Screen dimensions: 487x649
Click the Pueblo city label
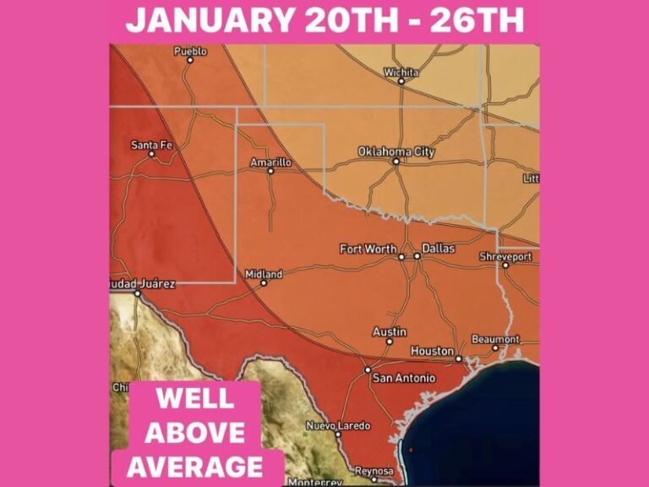tap(190, 52)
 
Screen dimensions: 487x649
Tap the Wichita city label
tap(401, 72)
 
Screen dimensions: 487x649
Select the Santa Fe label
tap(152, 145)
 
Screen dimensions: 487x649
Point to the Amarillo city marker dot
tap(270, 171)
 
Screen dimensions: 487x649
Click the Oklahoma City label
tap(396, 151)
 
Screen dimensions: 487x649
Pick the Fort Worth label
tap(367, 249)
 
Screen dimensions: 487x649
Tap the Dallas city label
tap(439, 249)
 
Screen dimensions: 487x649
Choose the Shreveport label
tap(505, 255)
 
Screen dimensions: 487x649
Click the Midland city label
tap(264, 274)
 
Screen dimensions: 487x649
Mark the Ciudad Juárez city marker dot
tap(137, 293)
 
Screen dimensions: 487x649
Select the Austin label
tap(389, 332)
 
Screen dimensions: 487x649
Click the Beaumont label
tap(495, 339)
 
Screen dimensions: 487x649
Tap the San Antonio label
tap(404, 378)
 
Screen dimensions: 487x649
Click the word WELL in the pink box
tap(195, 401)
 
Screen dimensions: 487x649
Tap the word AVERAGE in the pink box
tap(195, 465)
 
